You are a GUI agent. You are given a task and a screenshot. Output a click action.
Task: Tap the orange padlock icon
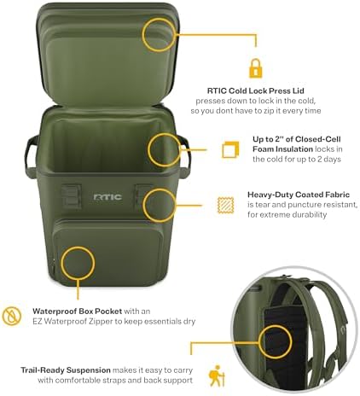255,67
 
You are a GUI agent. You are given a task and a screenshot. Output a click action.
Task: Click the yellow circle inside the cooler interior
164,150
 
